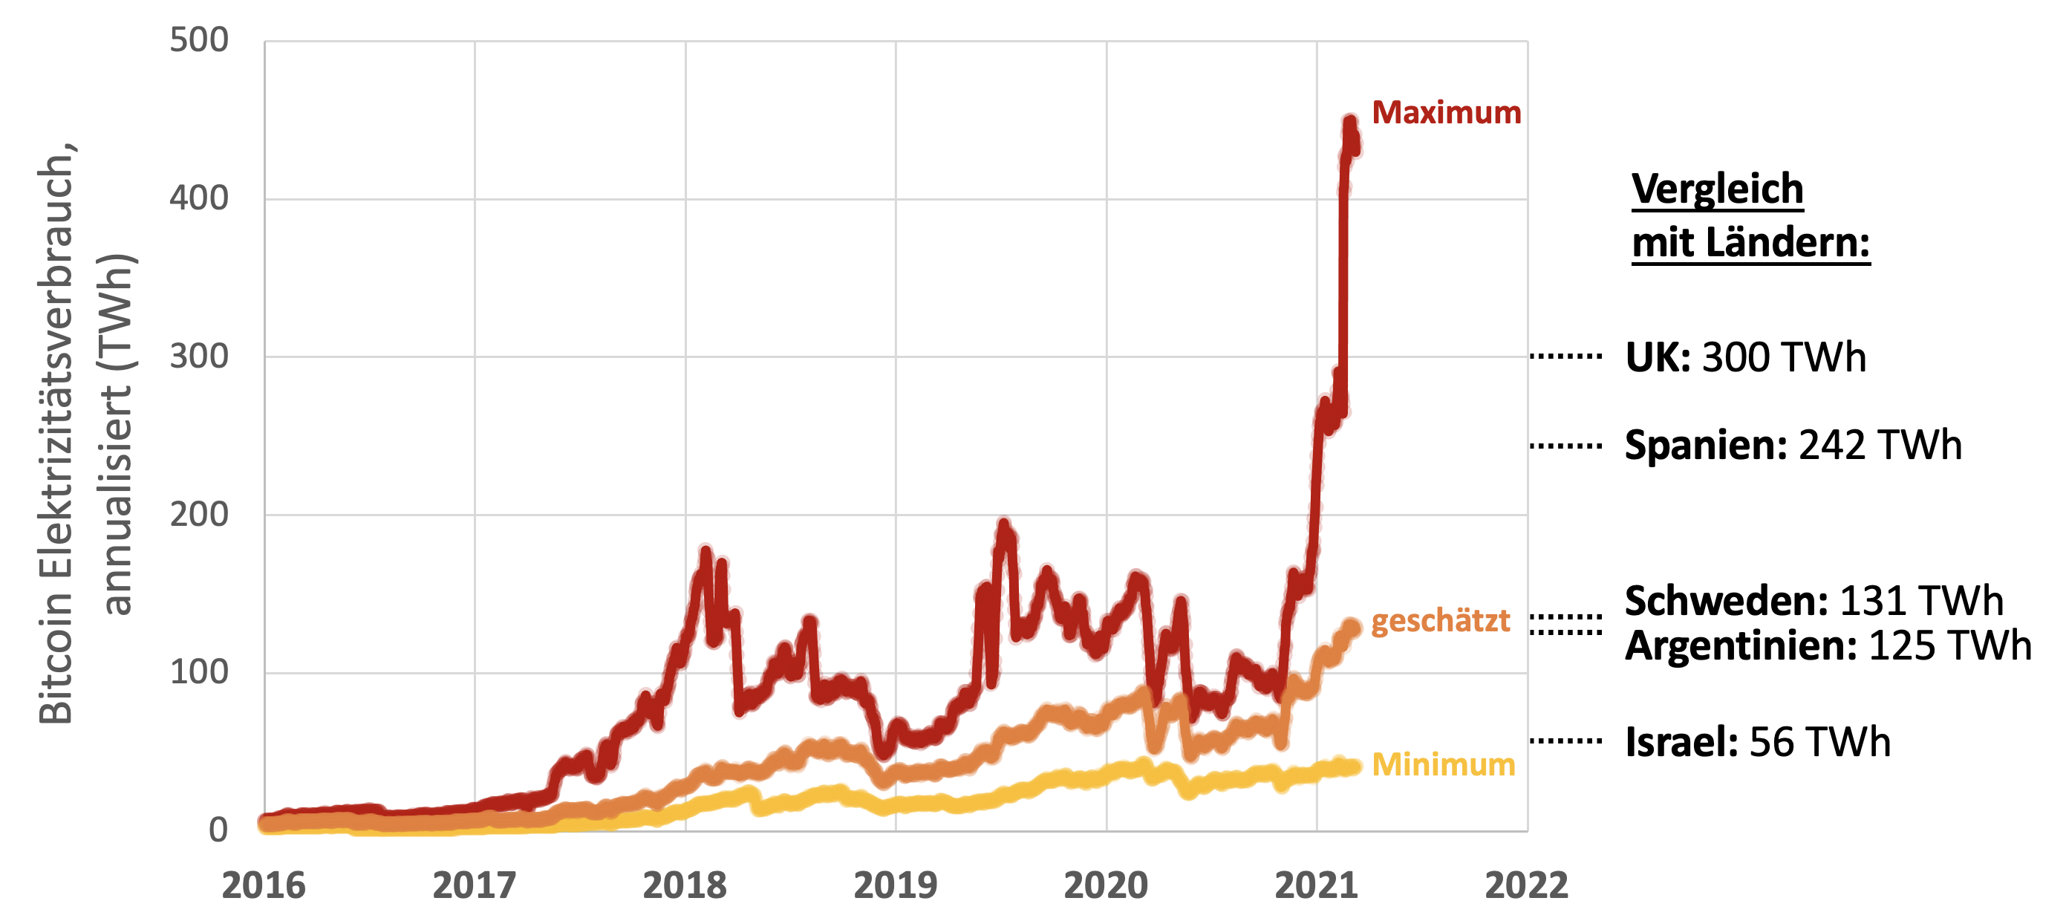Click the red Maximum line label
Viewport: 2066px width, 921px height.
click(x=1446, y=113)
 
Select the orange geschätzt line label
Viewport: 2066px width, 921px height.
click(x=1441, y=621)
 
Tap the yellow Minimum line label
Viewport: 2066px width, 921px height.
click(x=1444, y=764)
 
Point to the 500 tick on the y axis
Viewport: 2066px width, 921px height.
click(x=199, y=40)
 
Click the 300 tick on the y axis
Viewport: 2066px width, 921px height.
click(x=199, y=357)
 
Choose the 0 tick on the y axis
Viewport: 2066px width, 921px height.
click(x=218, y=830)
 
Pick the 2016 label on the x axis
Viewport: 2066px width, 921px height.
click(x=264, y=885)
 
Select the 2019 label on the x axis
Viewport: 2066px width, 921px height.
click(x=895, y=885)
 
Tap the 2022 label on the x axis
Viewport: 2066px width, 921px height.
click(x=1526, y=885)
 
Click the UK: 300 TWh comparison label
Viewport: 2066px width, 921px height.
click(x=1745, y=358)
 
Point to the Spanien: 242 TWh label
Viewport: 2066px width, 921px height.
click(x=1793, y=445)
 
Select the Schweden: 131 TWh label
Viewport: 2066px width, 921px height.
click(x=1814, y=601)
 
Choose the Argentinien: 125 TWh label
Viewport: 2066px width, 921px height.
click(x=1828, y=646)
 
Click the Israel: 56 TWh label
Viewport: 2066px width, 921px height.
click(x=1757, y=742)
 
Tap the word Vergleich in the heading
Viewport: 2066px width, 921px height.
click(x=1717, y=189)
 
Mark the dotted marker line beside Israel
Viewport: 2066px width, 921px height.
click(x=1565, y=741)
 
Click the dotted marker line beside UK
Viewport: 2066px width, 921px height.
click(x=1565, y=357)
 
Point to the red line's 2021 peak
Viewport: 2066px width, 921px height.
click(x=1350, y=123)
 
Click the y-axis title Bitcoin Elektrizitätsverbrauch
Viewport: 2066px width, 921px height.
click(x=56, y=433)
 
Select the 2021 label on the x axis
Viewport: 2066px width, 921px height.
click(x=1316, y=885)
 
